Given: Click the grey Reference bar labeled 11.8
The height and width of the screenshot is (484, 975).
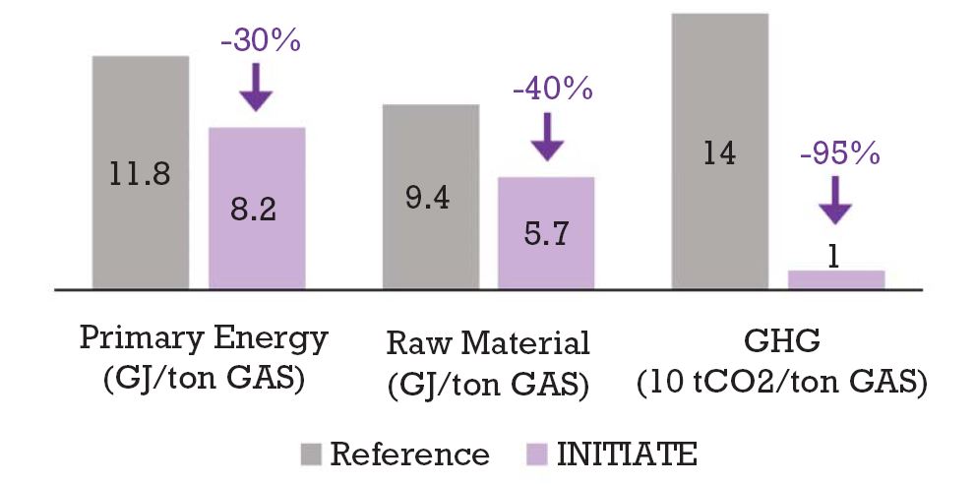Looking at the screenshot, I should [141, 172].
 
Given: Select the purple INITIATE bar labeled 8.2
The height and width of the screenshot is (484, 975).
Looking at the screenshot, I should [257, 209].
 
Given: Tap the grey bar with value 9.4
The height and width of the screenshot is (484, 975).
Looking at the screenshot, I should [430, 197].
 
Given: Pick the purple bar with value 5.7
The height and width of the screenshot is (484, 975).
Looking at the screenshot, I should [546, 233].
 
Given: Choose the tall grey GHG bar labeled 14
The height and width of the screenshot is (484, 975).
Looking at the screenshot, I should [719, 151].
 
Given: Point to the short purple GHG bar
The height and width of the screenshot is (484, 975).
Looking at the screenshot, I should [836, 279].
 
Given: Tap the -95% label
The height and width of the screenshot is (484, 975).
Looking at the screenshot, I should [837, 155].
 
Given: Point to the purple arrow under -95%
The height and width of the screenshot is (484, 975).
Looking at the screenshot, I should [836, 200].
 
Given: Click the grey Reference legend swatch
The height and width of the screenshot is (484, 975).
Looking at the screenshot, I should [310, 454].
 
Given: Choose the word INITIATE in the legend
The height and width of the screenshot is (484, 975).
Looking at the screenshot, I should [628, 454].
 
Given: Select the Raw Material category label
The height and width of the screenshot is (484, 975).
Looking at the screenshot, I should [489, 343].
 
